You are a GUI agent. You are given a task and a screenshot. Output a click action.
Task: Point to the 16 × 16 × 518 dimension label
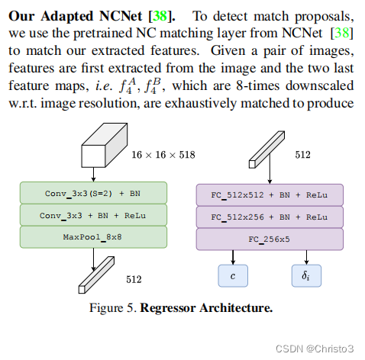click(x=163, y=155)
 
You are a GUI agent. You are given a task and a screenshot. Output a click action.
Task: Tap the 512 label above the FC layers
click(x=303, y=155)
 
